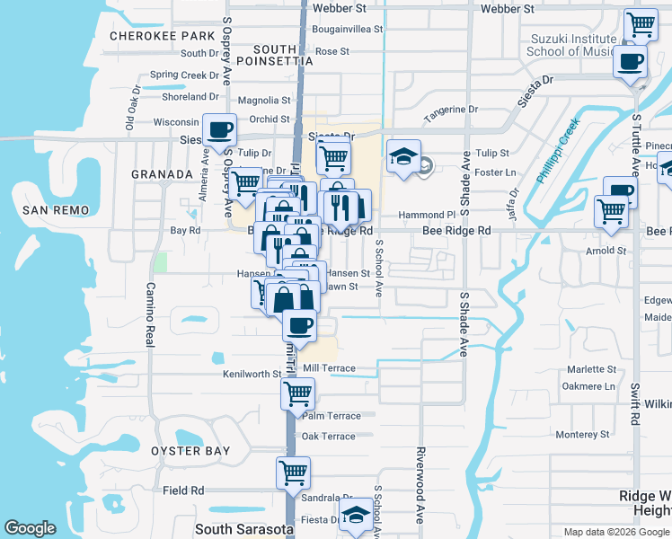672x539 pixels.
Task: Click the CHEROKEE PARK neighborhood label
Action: tap(162, 36)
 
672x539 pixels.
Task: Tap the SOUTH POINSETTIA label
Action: tap(270, 54)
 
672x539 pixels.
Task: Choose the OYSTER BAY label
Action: tap(190, 450)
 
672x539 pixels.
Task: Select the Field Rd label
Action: tap(184, 490)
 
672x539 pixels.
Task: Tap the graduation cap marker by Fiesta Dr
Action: tap(358, 514)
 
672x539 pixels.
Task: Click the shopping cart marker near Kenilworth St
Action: tap(297, 392)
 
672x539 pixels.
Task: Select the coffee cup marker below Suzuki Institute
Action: tap(631, 62)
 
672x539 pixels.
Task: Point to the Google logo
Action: tap(31, 528)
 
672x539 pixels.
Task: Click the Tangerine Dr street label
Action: tap(451, 110)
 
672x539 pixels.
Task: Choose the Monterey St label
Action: tap(582, 435)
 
